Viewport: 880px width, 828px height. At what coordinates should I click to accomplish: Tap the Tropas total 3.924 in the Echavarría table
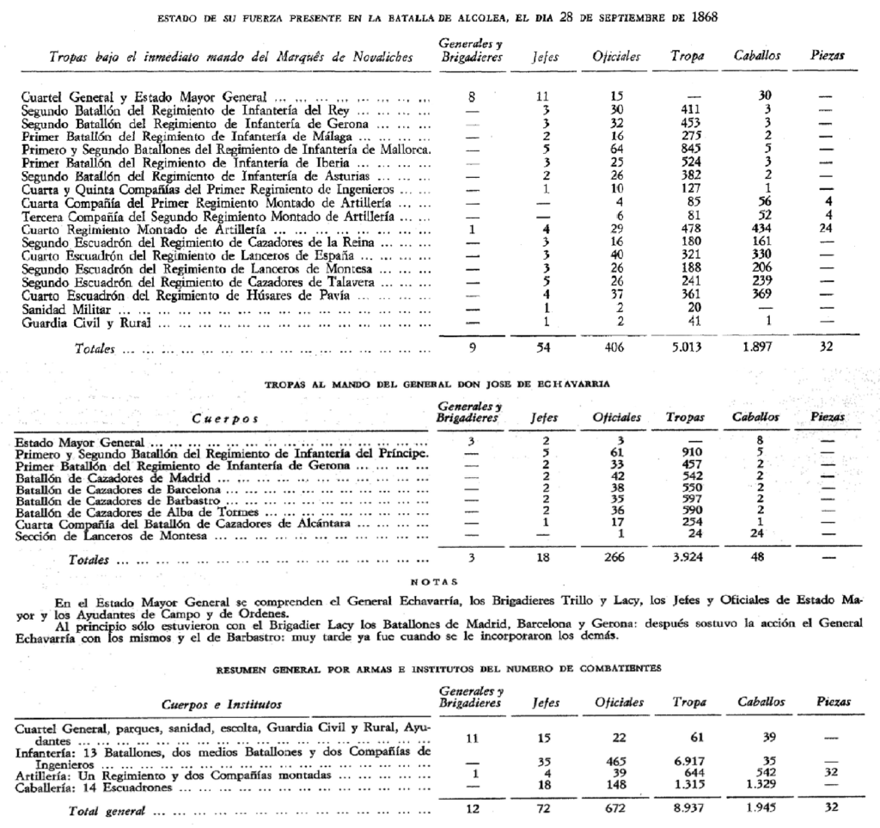685,558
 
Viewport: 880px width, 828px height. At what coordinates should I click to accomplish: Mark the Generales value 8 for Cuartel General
471,98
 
